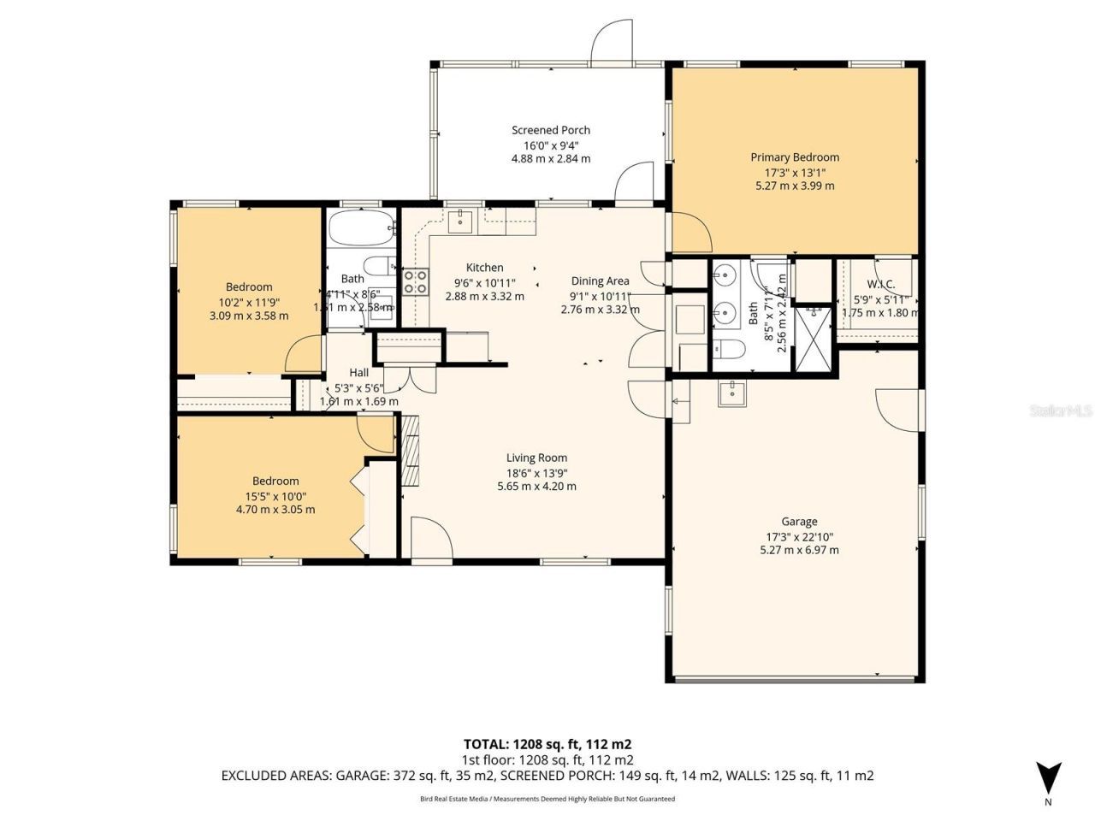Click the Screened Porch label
tap(551, 130)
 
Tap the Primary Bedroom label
tap(795, 157)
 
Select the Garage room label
tap(799, 521)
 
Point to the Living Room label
tap(536, 458)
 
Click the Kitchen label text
tap(484, 268)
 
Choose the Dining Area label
tap(600, 281)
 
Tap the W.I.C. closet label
tap(880, 284)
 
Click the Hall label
tap(359, 372)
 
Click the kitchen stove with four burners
tap(416, 281)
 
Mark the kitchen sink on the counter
tap(459, 221)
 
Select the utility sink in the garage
tap(731, 393)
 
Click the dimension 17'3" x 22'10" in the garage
tap(799, 536)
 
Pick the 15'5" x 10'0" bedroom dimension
tap(275, 496)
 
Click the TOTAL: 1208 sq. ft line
tap(547, 743)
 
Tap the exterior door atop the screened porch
tap(613, 43)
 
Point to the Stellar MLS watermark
tap(1061, 411)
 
